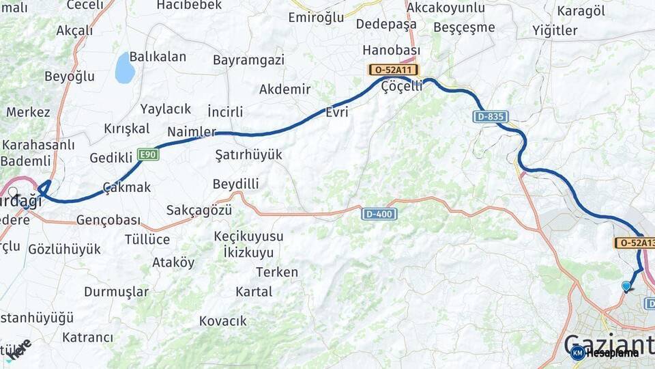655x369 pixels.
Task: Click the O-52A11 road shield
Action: tap(394, 70)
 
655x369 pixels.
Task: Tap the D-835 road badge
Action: tap(490, 117)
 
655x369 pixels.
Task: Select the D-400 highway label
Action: tap(379, 214)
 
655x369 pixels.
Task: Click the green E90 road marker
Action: tap(148, 154)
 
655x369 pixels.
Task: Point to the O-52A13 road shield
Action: tap(635, 243)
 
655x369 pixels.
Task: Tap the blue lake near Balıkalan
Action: tap(125, 68)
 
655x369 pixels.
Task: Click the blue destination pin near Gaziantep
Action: tap(626, 286)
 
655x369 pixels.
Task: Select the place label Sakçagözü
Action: tap(199, 210)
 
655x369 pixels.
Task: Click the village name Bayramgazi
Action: tap(248, 60)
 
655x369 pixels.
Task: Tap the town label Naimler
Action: tap(192, 132)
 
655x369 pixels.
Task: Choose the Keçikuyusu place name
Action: tap(248, 236)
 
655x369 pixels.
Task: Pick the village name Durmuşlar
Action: tap(116, 292)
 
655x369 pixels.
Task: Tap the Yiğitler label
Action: tap(555, 30)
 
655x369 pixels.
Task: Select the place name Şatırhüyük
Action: tap(248, 154)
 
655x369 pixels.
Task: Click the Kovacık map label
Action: tap(223, 320)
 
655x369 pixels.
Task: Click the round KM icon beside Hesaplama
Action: tap(577, 353)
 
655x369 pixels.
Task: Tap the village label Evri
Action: tap(338, 112)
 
